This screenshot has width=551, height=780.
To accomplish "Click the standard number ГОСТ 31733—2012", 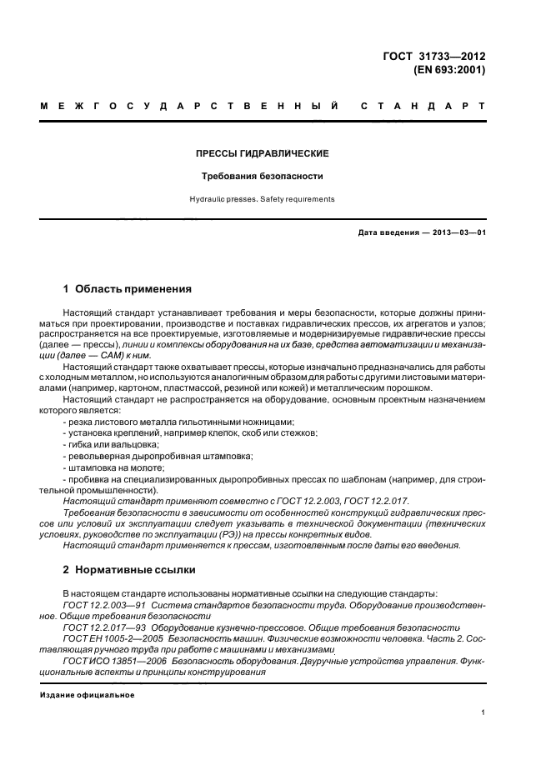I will click(x=433, y=57).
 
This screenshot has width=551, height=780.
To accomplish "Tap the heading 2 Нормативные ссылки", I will click(x=129, y=570).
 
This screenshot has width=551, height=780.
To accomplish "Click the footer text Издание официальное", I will click(x=87, y=694).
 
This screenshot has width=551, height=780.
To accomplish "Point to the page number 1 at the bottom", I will click(x=483, y=712).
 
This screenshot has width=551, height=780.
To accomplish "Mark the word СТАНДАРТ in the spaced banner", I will click(x=422, y=107).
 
